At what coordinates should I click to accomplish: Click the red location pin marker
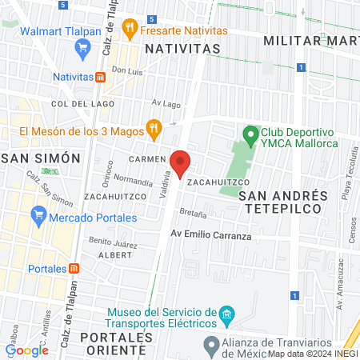pyautogui.click(x=181, y=163)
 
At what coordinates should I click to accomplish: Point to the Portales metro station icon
pyautogui.click(x=74, y=268)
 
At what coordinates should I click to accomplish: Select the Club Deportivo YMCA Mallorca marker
pyautogui.click(x=250, y=133)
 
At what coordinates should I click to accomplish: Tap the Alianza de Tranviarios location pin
pyautogui.click(x=211, y=346)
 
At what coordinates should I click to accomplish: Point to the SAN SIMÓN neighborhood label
pyautogui.click(x=42, y=158)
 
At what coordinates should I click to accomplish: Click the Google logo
pyautogui.click(x=27, y=350)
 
